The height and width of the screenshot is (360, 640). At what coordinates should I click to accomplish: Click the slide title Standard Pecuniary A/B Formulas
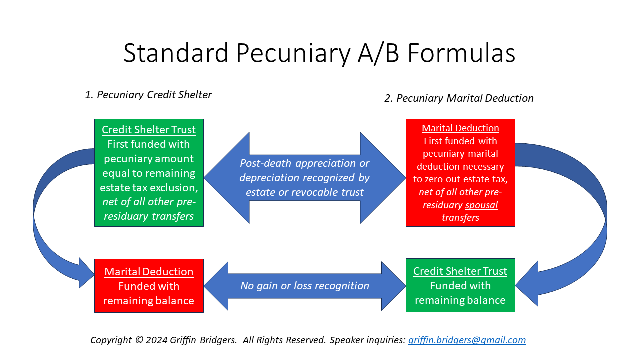tap(319, 53)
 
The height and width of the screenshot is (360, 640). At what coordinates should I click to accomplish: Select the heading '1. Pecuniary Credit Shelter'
tap(148, 95)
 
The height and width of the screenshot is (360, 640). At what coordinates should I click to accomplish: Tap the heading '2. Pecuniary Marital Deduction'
tap(459, 98)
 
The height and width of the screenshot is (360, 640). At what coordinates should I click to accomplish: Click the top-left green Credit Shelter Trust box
tap(149, 173)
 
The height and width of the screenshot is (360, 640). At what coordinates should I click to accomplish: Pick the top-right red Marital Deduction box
tap(460, 173)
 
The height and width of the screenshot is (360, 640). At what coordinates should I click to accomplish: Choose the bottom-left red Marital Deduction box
tap(149, 286)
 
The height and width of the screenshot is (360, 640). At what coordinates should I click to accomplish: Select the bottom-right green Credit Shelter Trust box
tap(460, 285)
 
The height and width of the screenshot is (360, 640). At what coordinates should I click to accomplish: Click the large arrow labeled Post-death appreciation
tap(305, 178)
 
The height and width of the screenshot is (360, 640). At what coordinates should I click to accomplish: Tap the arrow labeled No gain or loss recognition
tap(305, 286)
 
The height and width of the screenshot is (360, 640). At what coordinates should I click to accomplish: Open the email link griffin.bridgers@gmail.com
tap(467, 340)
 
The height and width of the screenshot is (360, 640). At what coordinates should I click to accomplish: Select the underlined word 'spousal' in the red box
tap(481, 205)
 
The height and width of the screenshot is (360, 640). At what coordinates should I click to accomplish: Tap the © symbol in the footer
tap(140, 340)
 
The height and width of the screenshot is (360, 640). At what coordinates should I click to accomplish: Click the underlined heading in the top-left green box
tap(149, 130)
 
